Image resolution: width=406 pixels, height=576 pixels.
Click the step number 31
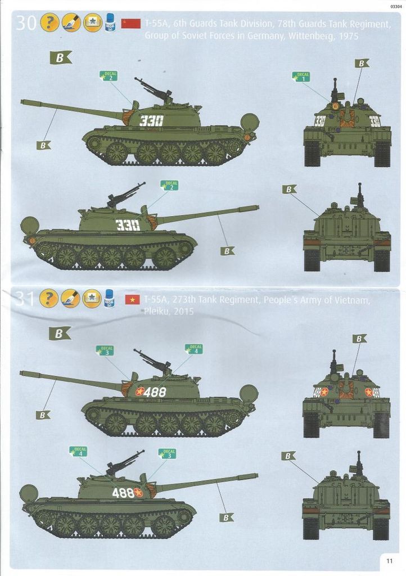pyautogui.click(x=26, y=298)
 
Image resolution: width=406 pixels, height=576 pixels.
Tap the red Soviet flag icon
pyautogui.click(x=132, y=23)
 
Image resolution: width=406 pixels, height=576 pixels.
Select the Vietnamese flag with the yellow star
pyautogui.click(x=132, y=299)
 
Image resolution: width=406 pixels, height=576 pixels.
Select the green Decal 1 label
pyautogui.click(x=301, y=76)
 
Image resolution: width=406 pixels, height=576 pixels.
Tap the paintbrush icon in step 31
pyautogui.click(x=71, y=298)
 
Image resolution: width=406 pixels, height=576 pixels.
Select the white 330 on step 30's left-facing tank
pyautogui.click(x=151, y=121)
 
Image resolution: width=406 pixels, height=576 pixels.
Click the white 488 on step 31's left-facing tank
pyautogui.click(x=155, y=392)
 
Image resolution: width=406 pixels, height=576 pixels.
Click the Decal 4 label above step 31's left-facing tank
pyautogui.click(x=195, y=349)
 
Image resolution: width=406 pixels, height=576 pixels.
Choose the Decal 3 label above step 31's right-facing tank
pyautogui.click(x=167, y=453)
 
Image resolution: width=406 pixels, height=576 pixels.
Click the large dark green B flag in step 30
pyautogui.click(x=60, y=57)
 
